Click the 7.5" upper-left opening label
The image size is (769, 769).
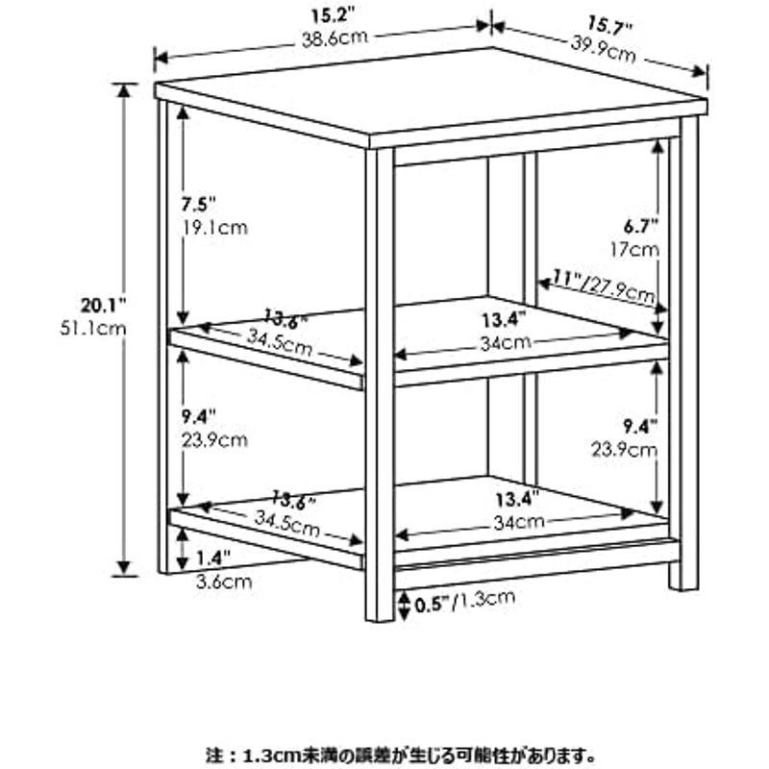tap(199, 206)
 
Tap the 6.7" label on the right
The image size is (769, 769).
tap(639, 227)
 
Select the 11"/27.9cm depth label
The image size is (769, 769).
tap(604, 285)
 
